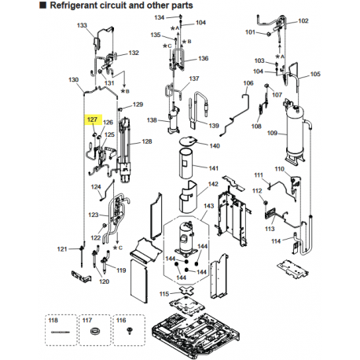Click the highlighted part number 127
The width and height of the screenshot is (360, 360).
click(x=92, y=119)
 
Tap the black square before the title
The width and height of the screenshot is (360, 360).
click(x=42, y=6)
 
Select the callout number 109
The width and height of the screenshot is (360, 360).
click(x=272, y=133)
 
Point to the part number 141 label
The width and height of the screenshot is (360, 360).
click(x=214, y=168)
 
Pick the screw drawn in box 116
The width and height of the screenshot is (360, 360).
click(x=129, y=331)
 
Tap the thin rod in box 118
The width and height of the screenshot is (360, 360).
click(x=61, y=332)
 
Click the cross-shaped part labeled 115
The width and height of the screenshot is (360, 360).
click(x=186, y=290)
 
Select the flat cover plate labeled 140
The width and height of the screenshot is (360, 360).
click(x=188, y=141)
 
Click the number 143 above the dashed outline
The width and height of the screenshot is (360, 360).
click(x=208, y=206)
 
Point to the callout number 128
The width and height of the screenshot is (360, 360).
click(x=147, y=141)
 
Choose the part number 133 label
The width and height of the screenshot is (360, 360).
click(x=82, y=25)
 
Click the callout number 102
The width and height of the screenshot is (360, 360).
click(x=303, y=20)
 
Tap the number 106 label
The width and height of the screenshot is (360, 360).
click(x=248, y=83)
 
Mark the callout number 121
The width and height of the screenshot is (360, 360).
click(x=62, y=249)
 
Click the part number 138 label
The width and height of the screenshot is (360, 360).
click(x=152, y=120)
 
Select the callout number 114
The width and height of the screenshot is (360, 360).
click(x=276, y=241)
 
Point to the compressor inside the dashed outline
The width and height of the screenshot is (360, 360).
click(x=186, y=238)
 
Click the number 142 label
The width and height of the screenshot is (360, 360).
click(x=213, y=184)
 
